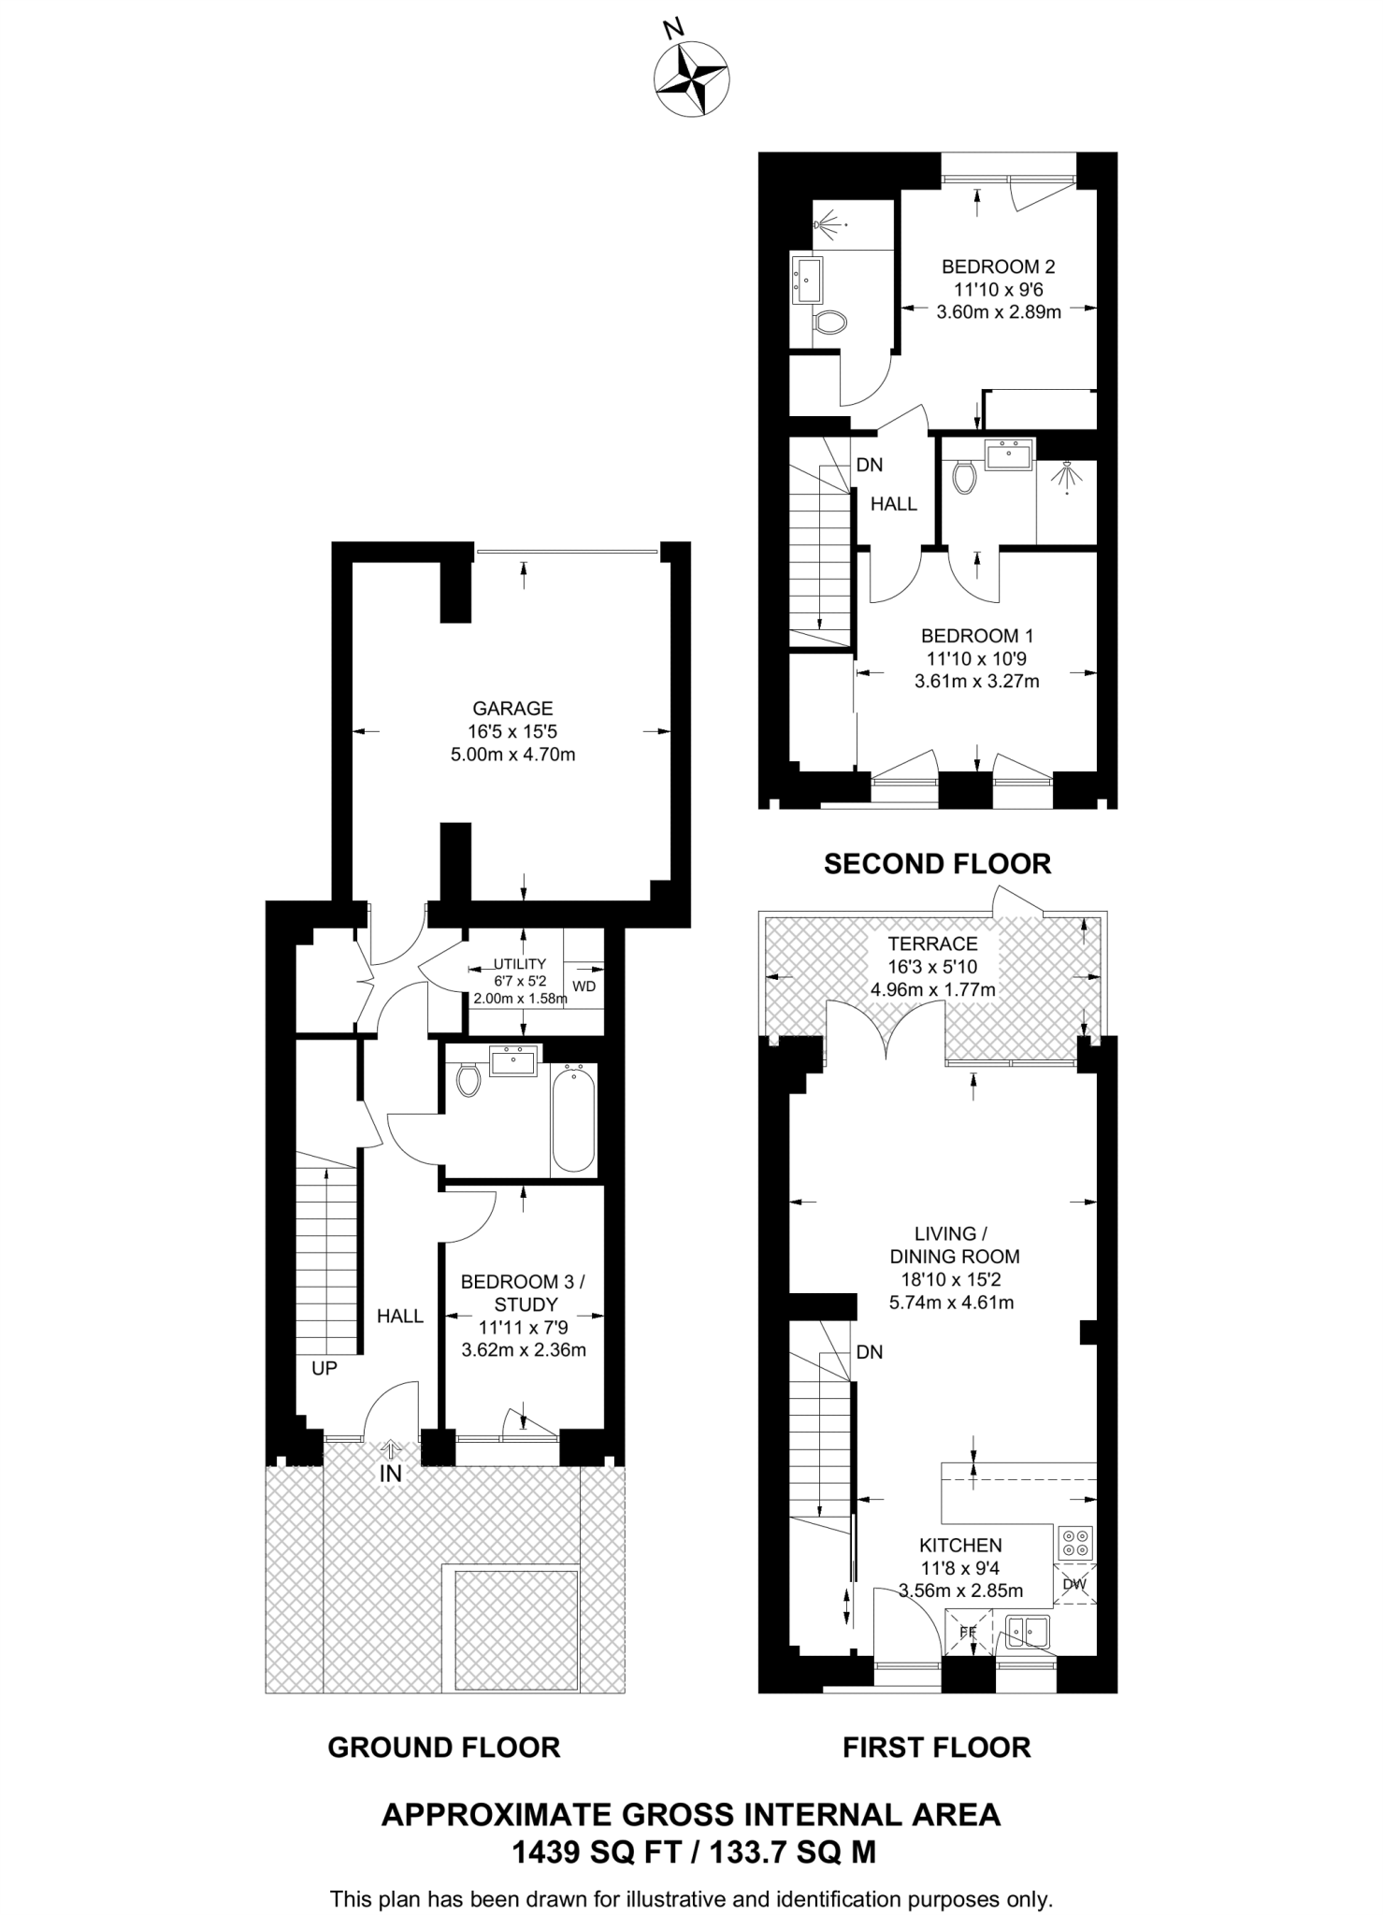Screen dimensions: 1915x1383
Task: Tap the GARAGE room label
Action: [x=512, y=709]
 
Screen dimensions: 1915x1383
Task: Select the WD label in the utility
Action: [x=583, y=986]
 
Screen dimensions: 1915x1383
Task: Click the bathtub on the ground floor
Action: [x=573, y=1120]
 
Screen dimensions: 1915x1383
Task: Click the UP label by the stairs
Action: [x=324, y=1368]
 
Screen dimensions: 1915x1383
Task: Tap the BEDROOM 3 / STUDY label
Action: [x=523, y=1292]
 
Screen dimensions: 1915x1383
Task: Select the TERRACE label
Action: [x=932, y=943]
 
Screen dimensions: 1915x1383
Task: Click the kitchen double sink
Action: [x=1029, y=1632]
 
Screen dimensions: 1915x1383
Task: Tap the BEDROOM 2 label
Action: [x=998, y=266]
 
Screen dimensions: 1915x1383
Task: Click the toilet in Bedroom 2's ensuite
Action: [x=828, y=324]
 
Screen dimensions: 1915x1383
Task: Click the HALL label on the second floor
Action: [x=893, y=504]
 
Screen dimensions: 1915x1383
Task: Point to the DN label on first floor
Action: [x=869, y=1352]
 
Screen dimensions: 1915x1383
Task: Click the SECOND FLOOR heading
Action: [x=937, y=864]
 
